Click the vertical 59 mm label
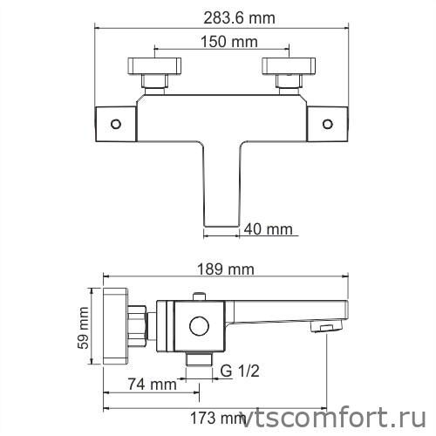(85, 328)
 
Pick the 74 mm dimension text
(151, 384)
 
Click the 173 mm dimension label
(216, 418)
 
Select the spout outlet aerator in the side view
(324, 328)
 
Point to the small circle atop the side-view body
(201, 298)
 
